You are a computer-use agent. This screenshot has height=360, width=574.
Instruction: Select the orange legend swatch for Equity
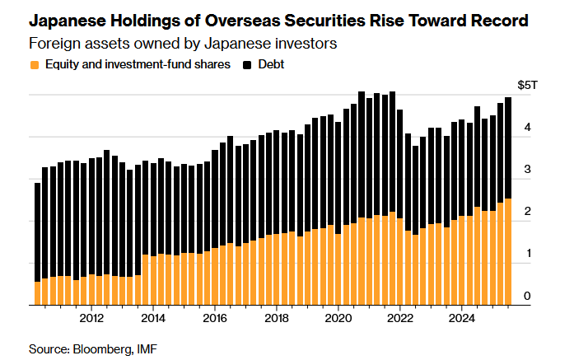point(34,63)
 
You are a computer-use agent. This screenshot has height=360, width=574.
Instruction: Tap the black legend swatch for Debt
point(246,63)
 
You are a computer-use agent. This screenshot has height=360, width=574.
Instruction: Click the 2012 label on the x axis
point(91,318)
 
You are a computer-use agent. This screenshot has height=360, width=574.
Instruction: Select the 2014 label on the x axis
point(152,318)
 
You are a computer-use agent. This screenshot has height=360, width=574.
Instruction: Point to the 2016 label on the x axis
point(214,318)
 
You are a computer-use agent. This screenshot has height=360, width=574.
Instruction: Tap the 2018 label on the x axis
point(277,318)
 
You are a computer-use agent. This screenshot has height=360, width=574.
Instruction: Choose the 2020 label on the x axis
point(338,318)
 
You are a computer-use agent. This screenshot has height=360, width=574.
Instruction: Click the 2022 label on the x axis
point(400,318)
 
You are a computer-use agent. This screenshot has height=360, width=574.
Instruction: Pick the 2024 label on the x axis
point(462,318)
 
